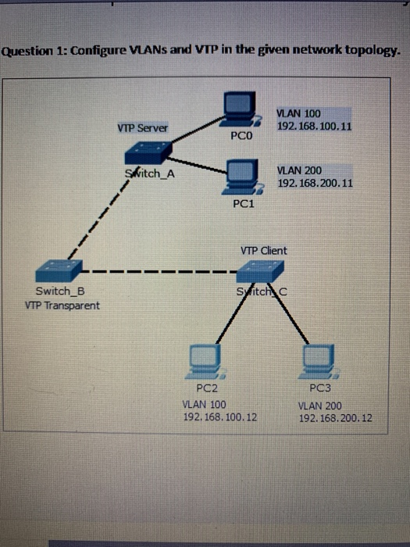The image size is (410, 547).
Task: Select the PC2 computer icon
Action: tap(207, 363)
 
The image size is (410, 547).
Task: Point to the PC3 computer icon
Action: tap(321, 363)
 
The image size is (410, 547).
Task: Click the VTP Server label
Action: tap(142, 127)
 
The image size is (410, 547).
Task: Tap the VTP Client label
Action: tap(263, 250)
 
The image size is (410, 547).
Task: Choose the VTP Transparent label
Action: tap(61, 305)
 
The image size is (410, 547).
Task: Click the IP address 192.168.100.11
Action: tap(315, 125)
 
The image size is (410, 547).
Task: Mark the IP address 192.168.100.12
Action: tap(219, 417)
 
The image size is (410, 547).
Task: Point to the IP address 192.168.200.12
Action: tap(335, 418)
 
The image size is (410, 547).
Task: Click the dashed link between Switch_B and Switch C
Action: tap(156, 273)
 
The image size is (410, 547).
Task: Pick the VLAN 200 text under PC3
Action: tap(319, 406)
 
